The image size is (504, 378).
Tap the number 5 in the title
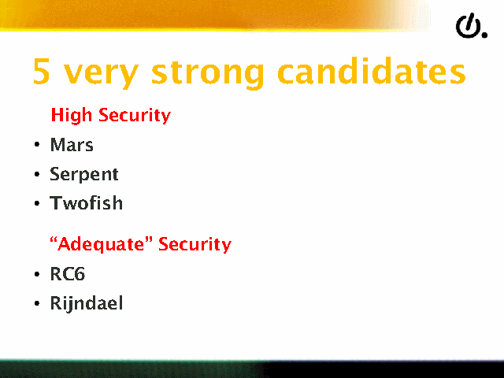click(42, 71)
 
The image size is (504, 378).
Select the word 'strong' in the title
click(207, 73)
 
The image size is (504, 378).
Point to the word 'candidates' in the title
click(372, 71)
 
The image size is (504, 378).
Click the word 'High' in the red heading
click(72, 115)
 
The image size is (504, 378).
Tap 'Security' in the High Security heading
click(135, 116)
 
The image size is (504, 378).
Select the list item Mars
click(72, 145)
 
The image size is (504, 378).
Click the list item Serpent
click(84, 175)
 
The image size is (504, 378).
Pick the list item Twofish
click(86, 203)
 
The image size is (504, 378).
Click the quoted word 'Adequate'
click(102, 244)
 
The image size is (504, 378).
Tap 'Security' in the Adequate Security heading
click(195, 244)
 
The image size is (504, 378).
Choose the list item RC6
click(68, 274)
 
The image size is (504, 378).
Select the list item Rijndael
click(87, 303)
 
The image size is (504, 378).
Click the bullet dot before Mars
click(37, 145)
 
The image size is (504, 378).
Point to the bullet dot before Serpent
click(37, 174)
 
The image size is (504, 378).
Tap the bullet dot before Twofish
click(37, 203)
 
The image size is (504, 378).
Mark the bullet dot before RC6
click(37, 274)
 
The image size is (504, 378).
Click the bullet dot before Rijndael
click(37, 303)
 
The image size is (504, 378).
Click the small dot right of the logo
click(484, 35)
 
